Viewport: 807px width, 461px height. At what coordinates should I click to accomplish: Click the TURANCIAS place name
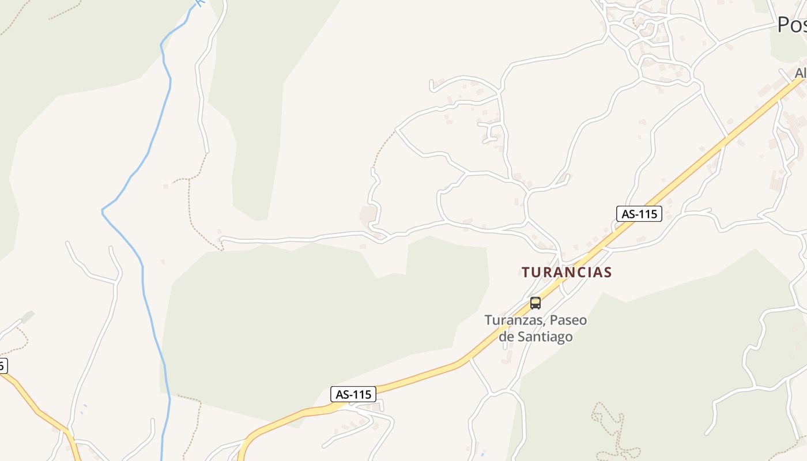click(566, 272)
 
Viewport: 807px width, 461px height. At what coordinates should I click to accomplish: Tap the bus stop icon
click(536, 303)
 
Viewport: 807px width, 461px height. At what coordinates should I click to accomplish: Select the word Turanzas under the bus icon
click(513, 320)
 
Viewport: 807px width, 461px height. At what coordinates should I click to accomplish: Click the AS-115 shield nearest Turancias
click(639, 214)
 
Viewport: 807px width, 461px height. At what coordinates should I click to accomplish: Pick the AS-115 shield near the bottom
click(353, 394)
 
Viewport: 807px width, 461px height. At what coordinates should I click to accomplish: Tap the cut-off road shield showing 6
click(3, 365)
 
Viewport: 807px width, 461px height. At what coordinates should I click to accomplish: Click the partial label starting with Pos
click(791, 25)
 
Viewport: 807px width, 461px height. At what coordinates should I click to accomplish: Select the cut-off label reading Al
click(800, 73)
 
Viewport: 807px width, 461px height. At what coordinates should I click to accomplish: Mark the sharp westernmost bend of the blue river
click(103, 211)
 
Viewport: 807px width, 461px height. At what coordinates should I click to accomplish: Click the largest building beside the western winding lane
click(368, 215)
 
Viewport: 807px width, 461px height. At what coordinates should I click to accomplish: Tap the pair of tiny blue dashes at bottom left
click(84, 409)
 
